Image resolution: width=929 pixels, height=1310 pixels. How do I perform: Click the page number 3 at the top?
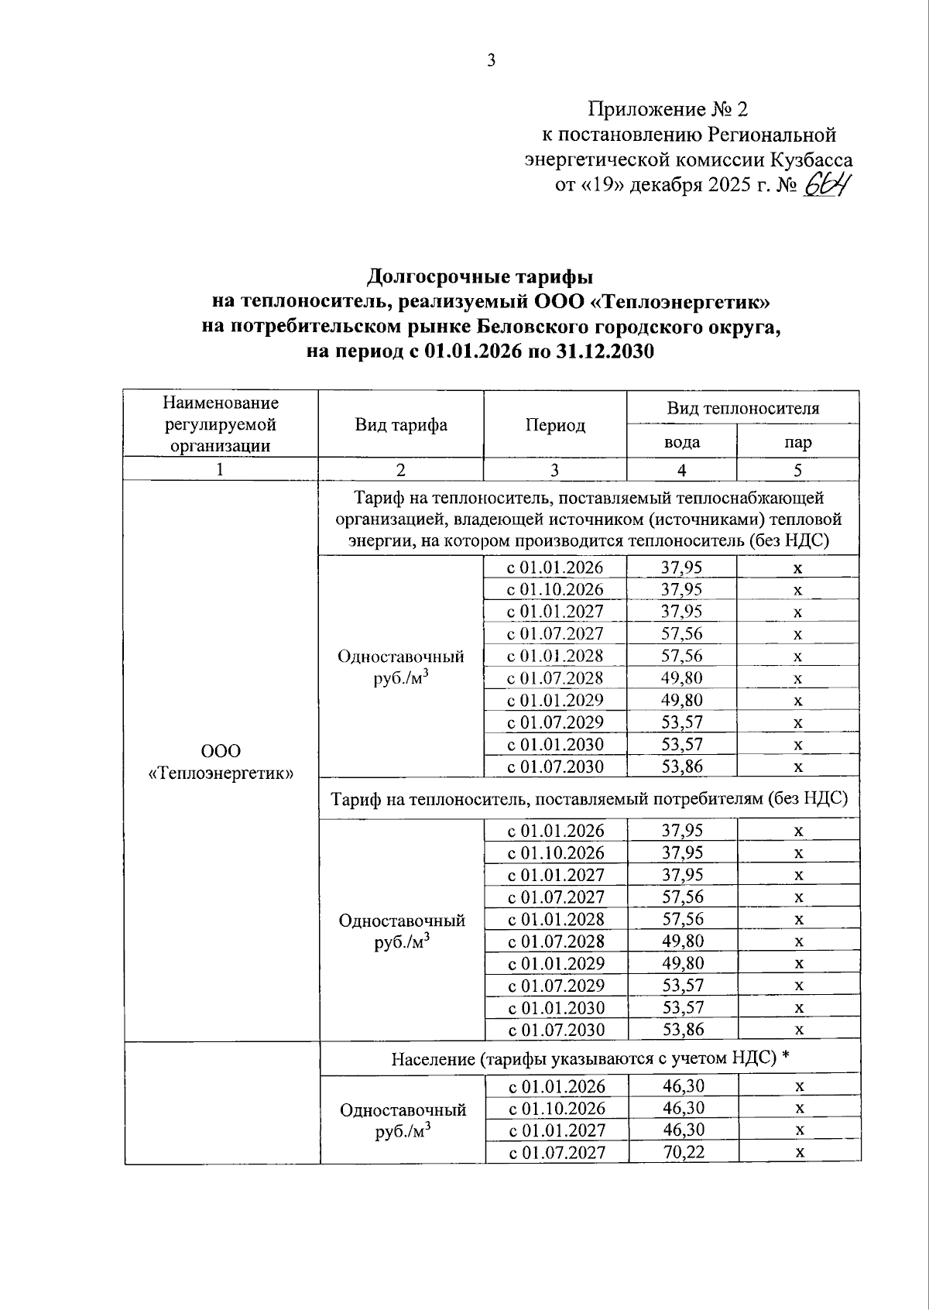tap(491, 60)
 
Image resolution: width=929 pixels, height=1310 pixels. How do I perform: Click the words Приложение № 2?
tap(667, 108)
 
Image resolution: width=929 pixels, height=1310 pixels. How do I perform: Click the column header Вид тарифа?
tap(401, 425)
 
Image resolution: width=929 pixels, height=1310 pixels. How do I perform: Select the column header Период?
tap(555, 425)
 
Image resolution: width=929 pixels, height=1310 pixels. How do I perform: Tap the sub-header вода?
tap(682, 442)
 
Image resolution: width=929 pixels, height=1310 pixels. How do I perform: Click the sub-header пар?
tap(797, 442)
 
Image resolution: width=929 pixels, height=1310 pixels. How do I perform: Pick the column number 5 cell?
tap(797, 470)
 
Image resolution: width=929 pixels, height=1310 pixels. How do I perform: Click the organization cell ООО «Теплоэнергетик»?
tap(221, 762)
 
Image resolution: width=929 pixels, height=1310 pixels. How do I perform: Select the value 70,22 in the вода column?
tap(684, 1152)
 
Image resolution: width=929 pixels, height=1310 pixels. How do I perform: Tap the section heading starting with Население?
tap(590, 1058)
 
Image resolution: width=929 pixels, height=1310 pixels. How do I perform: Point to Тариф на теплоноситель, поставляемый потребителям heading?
tap(590, 798)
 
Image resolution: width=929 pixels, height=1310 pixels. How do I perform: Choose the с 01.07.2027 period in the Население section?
tap(557, 1152)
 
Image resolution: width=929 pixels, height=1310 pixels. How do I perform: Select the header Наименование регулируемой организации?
tap(221, 424)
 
